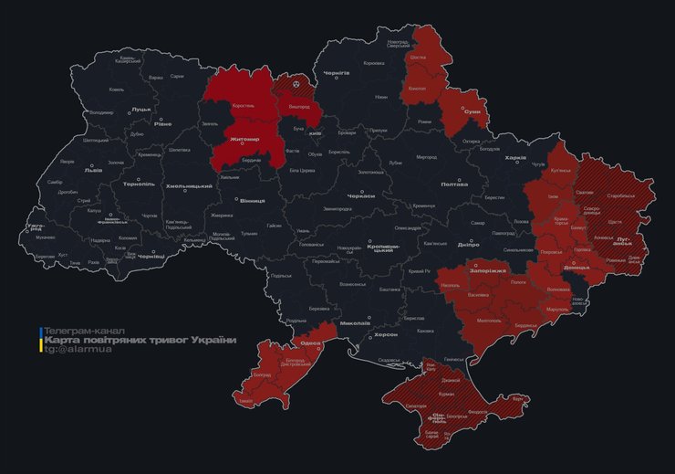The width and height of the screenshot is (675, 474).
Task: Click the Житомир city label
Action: click(x=244, y=139)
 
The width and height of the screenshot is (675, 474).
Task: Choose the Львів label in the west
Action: click(x=93, y=170)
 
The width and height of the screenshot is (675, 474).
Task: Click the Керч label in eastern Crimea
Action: click(x=517, y=399)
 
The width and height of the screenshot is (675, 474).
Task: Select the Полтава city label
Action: click(x=453, y=184)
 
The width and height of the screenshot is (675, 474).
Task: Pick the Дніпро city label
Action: click(x=467, y=246)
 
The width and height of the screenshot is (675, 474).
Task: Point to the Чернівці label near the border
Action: click(x=149, y=258)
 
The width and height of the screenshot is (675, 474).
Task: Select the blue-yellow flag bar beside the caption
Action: click(x=39, y=340)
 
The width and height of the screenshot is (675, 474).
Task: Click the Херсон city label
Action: click(x=386, y=335)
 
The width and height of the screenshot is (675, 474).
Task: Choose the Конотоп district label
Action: click(x=417, y=89)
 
